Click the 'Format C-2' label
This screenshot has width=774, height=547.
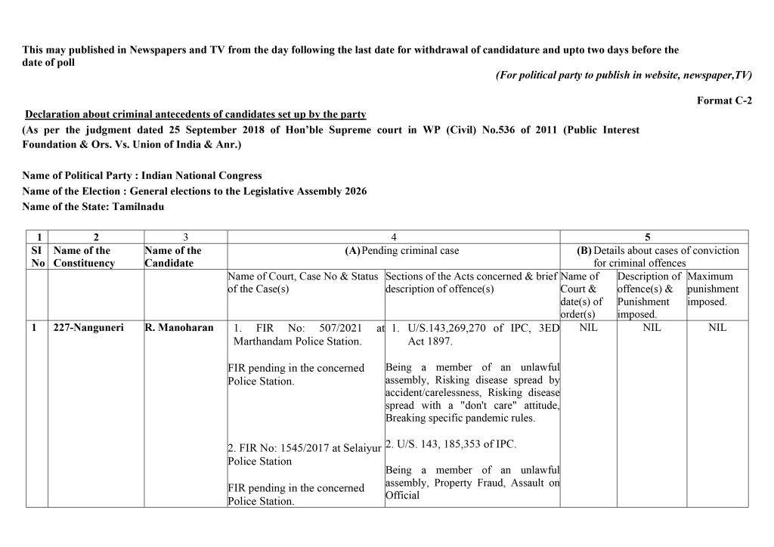724,100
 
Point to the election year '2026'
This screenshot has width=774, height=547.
354,190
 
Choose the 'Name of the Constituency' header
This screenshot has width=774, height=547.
84,257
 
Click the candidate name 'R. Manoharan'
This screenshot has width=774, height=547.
178,328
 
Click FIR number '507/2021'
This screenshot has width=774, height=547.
333,328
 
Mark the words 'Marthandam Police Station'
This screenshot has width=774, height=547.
297,341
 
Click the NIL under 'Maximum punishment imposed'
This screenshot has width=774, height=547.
717,328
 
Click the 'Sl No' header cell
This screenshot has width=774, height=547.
37,257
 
